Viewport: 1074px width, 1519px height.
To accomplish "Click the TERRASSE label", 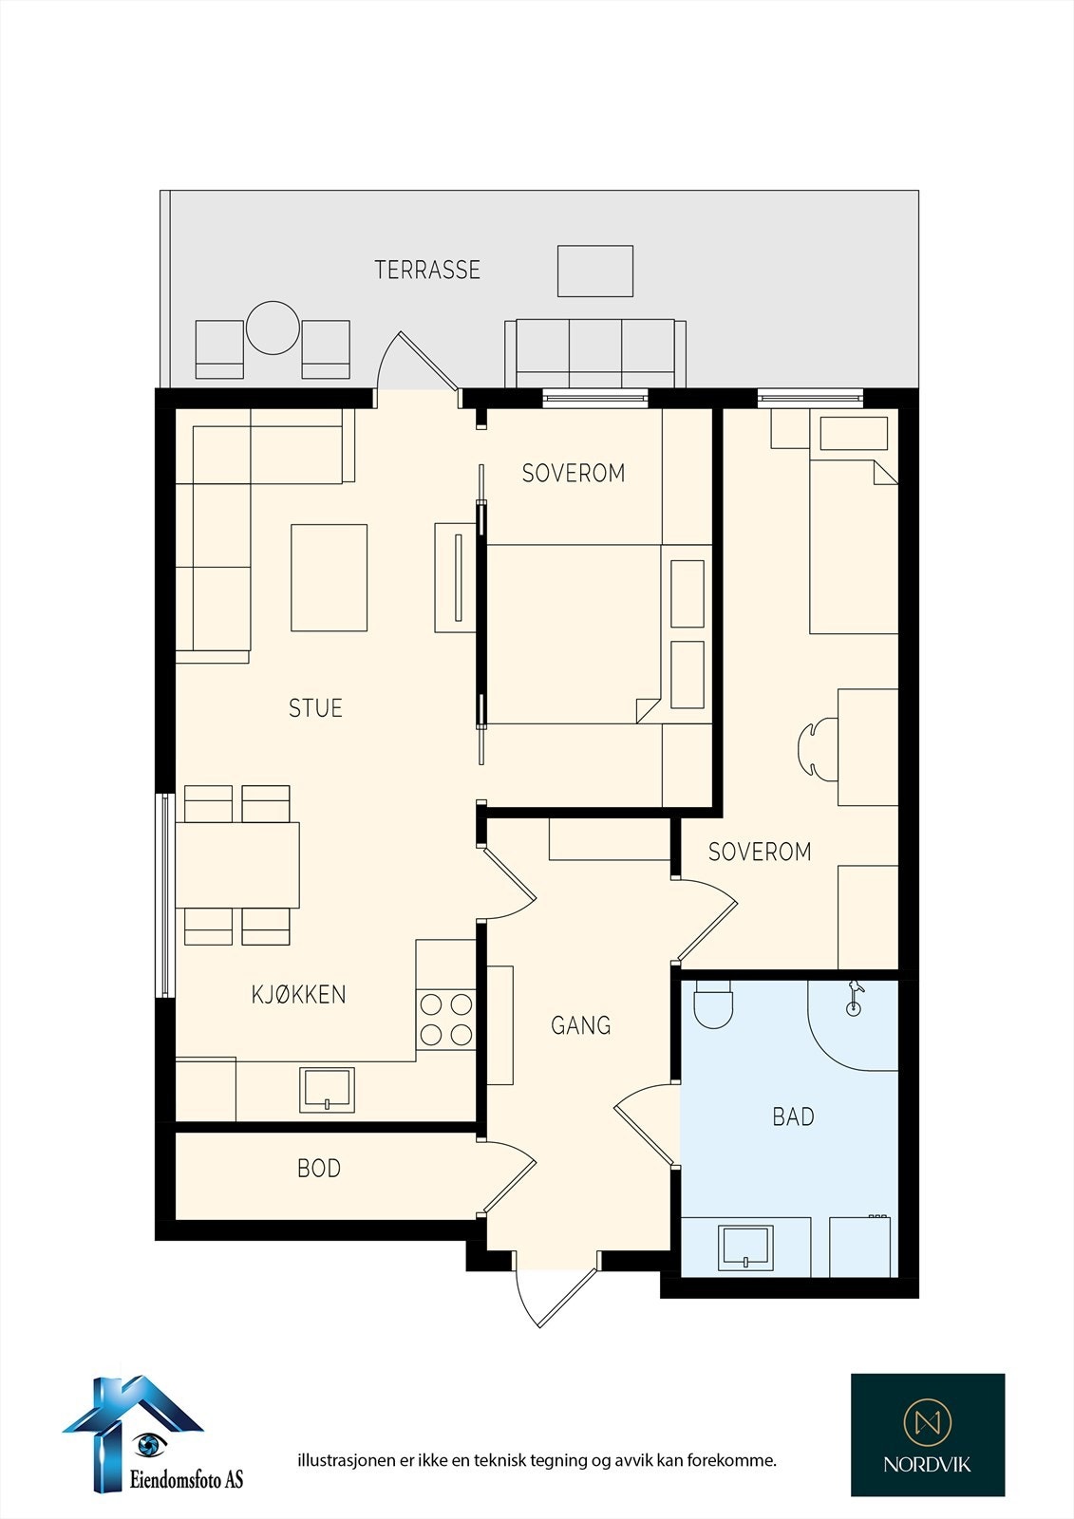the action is [x=427, y=270].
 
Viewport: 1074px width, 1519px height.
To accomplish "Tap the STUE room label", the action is [x=315, y=708].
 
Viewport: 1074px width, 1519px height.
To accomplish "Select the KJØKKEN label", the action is [x=298, y=994].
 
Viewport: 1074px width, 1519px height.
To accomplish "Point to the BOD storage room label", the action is [x=319, y=1169].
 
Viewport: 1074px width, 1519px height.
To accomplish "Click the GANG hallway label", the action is [x=581, y=1025].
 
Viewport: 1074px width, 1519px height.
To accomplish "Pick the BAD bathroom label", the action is [x=793, y=1116].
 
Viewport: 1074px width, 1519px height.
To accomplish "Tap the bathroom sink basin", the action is [x=745, y=1247].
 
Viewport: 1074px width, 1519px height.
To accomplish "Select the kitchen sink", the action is [x=327, y=1091].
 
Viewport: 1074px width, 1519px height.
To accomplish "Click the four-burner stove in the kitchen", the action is [x=445, y=1020].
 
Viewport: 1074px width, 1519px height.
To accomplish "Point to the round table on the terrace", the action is [x=273, y=328].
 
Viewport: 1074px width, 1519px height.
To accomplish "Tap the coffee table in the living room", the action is [x=330, y=578].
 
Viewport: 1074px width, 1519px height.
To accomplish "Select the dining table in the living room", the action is [x=237, y=865].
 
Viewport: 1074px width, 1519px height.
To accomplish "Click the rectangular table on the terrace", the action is [x=595, y=272].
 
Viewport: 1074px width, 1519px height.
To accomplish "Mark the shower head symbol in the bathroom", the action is [x=854, y=997].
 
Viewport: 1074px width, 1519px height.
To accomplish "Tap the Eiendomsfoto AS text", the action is [x=186, y=1478].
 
